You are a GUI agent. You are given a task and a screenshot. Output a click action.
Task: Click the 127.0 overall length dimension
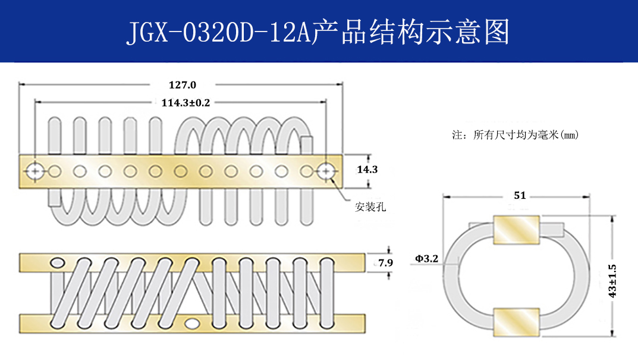[183, 84]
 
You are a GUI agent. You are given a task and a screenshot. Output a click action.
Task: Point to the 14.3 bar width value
[366, 170]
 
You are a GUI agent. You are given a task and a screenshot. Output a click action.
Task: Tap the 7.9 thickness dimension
[385, 262]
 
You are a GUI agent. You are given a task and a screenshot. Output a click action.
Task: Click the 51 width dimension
[519, 195]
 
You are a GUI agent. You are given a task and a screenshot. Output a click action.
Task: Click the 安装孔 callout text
[370, 207]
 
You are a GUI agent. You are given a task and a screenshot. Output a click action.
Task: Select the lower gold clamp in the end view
[515, 322]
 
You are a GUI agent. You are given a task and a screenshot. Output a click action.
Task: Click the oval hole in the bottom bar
[193, 323]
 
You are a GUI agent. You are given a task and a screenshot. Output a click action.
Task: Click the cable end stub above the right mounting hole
[307, 146]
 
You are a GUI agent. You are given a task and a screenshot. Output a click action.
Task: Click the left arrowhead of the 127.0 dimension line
[22, 84]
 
